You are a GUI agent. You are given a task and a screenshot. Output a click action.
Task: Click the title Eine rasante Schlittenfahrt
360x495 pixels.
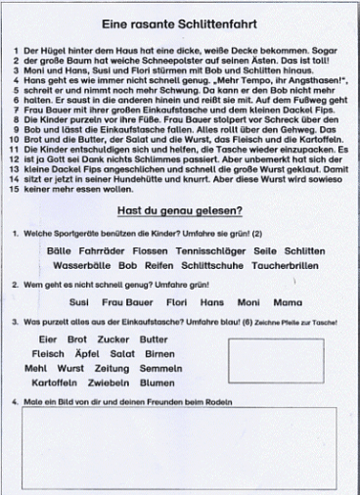179,22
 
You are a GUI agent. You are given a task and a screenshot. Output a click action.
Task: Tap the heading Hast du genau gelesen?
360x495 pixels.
180,210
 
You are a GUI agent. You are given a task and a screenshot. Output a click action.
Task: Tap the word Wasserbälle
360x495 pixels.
82,264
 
